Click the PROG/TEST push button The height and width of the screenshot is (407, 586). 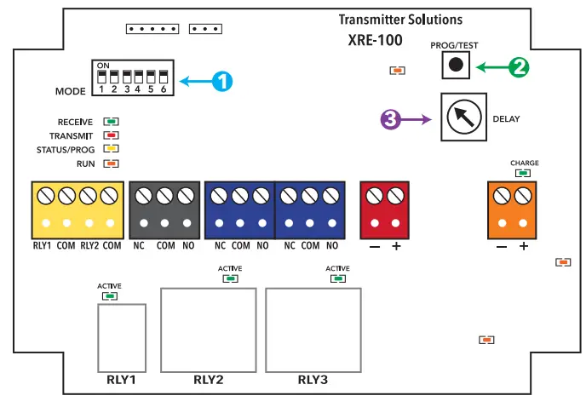[457, 65]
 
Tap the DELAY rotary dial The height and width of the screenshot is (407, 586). [463, 118]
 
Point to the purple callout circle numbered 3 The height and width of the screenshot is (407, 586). [390, 120]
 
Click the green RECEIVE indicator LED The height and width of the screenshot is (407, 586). [110, 123]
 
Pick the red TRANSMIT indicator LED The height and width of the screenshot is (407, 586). [110, 135]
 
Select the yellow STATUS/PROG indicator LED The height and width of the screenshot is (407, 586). [110, 149]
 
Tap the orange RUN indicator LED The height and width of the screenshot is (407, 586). [110, 163]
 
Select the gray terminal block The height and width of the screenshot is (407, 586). [164, 210]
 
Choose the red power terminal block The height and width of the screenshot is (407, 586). [383, 210]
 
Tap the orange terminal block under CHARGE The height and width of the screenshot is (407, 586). [513, 210]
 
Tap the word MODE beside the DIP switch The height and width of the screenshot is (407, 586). [72, 89]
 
